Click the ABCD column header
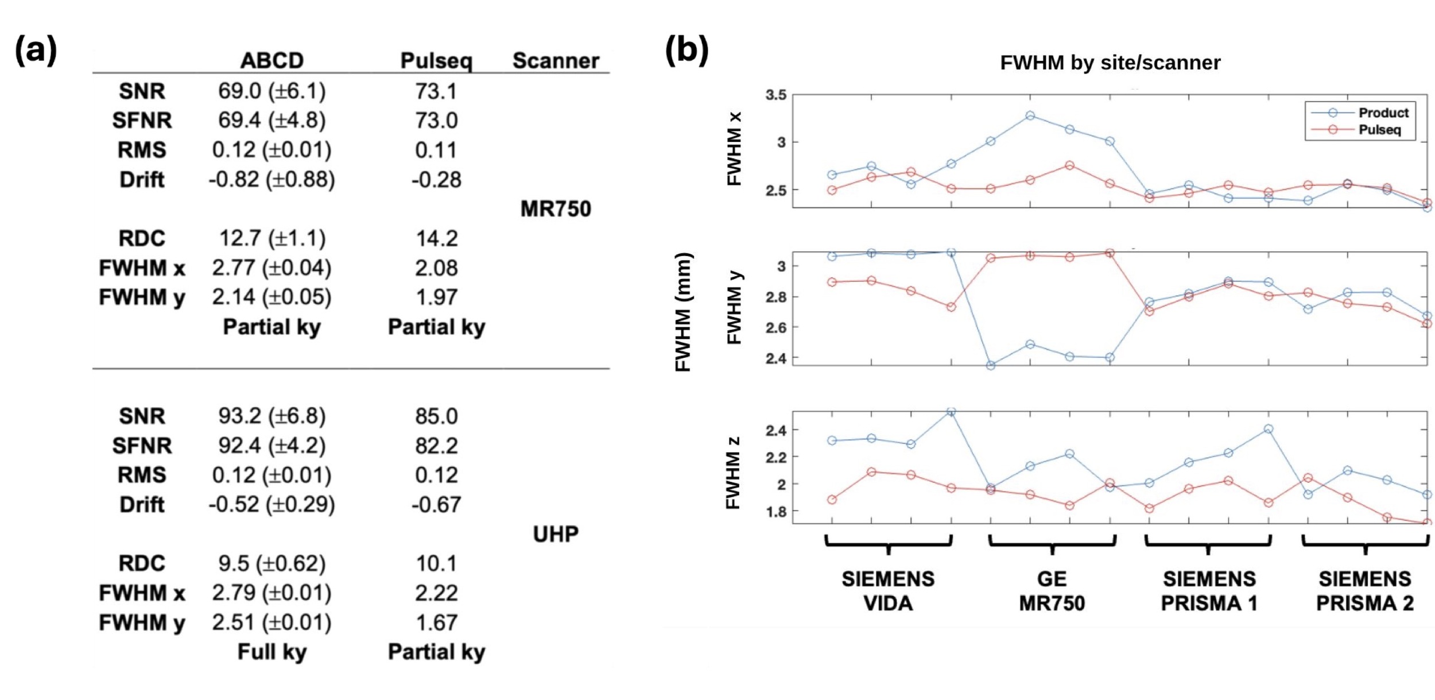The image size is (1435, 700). pyautogui.click(x=272, y=60)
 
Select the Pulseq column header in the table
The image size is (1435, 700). pyautogui.click(x=436, y=60)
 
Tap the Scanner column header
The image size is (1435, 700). pyautogui.click(x=555, y=60)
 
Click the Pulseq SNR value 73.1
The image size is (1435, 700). pyautogui.click(x=436, y=91)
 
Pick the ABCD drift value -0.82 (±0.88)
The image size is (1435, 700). pyautogui.click(x=272, y=179)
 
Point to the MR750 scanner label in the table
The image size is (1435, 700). pyautogui.click(x=555, y=209)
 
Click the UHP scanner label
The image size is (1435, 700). pyautogui.click(x=555, y=534)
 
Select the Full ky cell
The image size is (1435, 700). pyautogui.click(x=272, y=652)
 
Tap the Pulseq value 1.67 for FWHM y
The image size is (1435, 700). pyautogui.click(x=436, y=622)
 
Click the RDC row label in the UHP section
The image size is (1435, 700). pyautogui.click(x=141, y=563)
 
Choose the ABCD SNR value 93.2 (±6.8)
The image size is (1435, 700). pyautogui.click(x=272, y=416)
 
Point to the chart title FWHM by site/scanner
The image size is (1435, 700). pyautogui.click(x=1110, y=63)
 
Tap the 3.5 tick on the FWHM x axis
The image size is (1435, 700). pyautogui.click(x=775, y=95)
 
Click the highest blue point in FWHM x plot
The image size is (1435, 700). pyautogui.click(x=1030, y=115)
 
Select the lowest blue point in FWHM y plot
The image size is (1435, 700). pyautogui.click(x=990, y=365)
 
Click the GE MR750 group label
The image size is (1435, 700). pyautogui.click(x=1052, y=591)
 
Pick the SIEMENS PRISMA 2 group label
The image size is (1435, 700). pyautogui.click(x=1364, y=591)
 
